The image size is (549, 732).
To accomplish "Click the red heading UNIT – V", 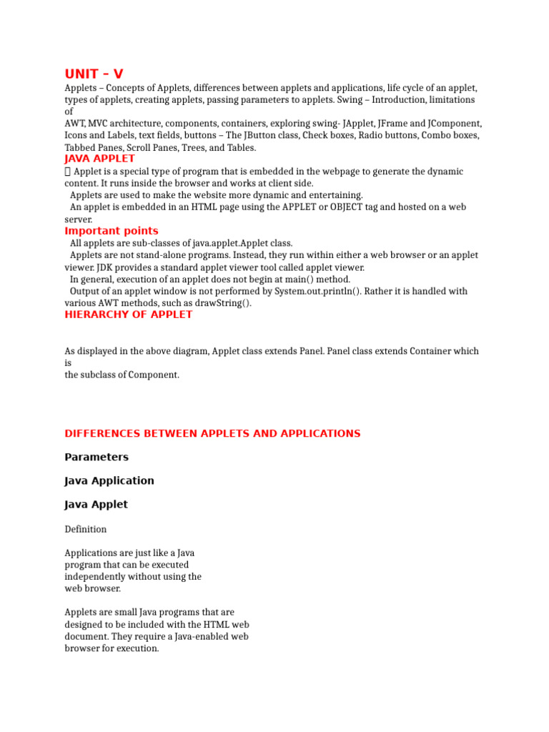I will tap(94, 74).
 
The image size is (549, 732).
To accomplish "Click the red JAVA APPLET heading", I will tap(99, 159).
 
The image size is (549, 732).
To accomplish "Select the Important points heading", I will tap(112, 231).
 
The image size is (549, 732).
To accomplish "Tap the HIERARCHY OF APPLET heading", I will tap(128, 315).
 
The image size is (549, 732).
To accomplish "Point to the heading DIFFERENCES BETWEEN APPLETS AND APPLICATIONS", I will tap(212, 433).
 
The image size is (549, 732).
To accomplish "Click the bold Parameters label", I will tap(97, 457).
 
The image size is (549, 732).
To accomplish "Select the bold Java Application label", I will tap(109, 480).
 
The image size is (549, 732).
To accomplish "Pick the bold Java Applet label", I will tap(96, 504).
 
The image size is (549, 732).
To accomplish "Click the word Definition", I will tap(86, 529).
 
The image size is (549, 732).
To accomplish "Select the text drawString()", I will tap(222, 303).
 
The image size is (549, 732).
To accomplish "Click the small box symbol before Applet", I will tap(67, 172).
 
